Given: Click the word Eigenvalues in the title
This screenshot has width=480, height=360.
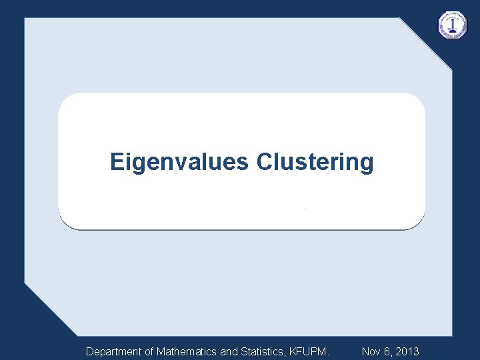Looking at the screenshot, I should (x=179, y=162).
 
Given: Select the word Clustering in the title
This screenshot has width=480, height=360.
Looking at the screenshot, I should (x=315, y=162).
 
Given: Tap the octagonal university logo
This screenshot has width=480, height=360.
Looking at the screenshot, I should (x=453, y=25).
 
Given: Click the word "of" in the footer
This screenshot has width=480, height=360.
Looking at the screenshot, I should (x=149, y=351).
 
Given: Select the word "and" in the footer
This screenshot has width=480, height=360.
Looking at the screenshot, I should (x=228, y=351).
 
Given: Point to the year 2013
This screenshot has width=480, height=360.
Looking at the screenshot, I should (x=407, y=351).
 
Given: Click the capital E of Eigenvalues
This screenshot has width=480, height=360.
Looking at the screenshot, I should (x=117, y=162).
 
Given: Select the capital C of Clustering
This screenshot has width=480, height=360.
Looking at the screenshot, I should (x=264, y=162).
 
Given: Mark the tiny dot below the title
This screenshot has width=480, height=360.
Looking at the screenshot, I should (x=305, y=209).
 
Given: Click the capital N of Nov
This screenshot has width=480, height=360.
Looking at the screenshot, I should (x=365, y=351).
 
